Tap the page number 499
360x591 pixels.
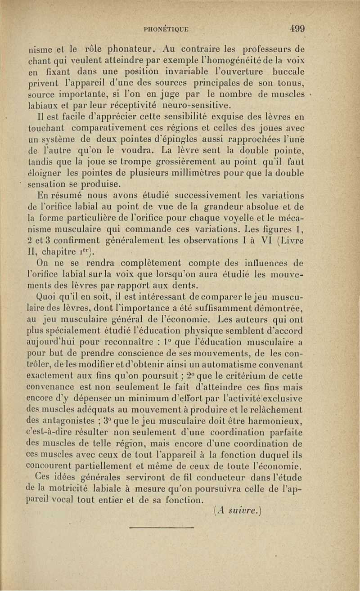pyautogui.click(x=297, y=28)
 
